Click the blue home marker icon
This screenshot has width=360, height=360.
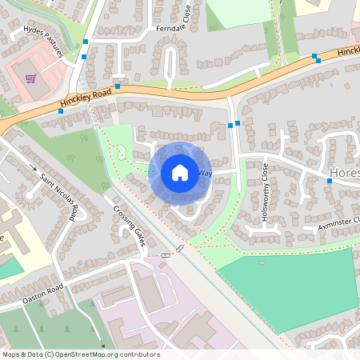pyautogui.click(x=180, y=172)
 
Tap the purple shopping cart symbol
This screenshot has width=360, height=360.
pyautogui.click(x=30, y=78)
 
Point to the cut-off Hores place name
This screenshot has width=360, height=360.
pyautogui.click(x=345, y=172)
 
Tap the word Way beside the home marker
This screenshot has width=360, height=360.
pyautogui.click(x=205, y=173)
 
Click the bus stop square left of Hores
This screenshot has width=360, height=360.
pyautogui.click(x=329, y=181)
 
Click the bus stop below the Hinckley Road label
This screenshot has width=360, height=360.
pyautogui.click(x=61, y=112)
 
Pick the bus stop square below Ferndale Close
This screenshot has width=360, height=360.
pyautogui.click(x=118, y=86)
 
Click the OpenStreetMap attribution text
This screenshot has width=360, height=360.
pyautogui.click(x=80, y=354)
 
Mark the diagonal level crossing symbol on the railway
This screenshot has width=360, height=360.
pyautogui.click(x=180, y=250)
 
